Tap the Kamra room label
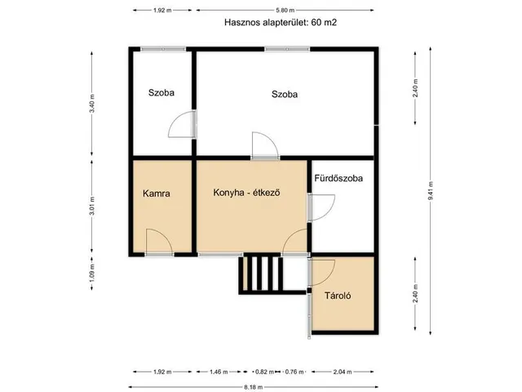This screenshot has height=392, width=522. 156,194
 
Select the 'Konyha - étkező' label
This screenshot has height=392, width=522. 247,194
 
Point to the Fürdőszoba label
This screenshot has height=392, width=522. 338,177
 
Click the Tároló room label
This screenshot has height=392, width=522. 338,296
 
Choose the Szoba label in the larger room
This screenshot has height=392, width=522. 285,94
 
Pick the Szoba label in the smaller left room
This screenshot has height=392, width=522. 161,93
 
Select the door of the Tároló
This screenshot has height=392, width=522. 323,272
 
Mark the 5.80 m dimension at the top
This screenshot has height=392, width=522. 285,10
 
